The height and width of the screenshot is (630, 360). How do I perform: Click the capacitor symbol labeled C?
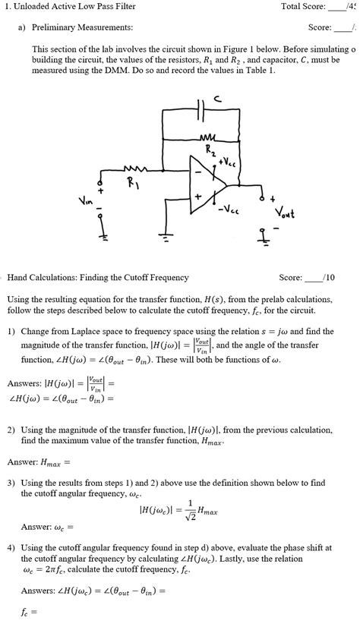pyautogui.click(x=200, y=109)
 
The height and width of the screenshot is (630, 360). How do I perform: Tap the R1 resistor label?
pyautogui.click(x=133, y=183)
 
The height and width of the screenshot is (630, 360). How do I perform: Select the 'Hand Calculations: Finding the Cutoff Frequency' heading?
pyautogui.click(x=98, y=278)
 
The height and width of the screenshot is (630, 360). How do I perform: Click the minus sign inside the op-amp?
pyautogui.click(x=197, y=172)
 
